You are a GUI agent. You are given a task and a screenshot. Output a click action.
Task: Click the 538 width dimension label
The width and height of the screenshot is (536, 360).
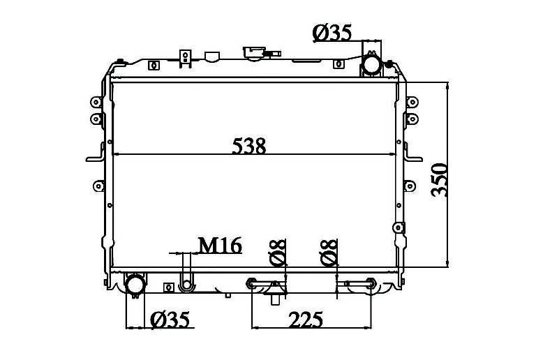(x=249, y=146)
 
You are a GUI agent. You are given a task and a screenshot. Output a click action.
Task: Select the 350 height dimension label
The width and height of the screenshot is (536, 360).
(x=439, y=180)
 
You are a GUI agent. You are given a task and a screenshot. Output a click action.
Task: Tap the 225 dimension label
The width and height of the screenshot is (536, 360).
(x=306, y=320)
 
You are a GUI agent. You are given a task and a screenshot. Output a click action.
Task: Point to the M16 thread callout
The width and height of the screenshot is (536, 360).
(x=220, y=246)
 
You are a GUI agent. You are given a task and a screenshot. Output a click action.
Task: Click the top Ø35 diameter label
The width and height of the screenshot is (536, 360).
(x=332, y=33)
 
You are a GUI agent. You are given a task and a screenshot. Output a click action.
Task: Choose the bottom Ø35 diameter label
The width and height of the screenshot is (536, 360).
(x=170, y=320)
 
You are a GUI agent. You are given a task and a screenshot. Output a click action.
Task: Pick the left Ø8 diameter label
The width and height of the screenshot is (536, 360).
(x=277, y=253)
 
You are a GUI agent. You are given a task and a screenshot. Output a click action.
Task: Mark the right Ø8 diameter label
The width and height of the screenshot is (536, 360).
(x=329, y=253)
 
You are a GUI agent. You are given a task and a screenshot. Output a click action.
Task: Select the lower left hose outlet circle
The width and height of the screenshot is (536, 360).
(x=135, y=284)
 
